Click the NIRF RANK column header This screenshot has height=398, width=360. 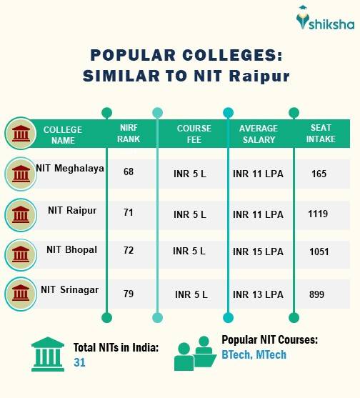(129, 134)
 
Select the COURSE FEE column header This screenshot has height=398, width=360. (194, 134)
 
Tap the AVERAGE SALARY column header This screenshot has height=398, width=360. (258, 134)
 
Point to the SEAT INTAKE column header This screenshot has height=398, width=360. (321, 134)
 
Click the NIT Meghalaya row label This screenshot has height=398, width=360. (70, 169)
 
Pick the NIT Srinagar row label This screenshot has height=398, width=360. (69, 289)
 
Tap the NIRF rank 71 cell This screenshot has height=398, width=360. (129, 213)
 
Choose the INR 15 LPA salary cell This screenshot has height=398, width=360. (258, 252)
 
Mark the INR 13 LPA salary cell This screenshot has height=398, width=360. (258, 294)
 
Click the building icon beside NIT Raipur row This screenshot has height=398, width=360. (21, 213)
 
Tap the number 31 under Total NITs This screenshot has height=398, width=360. (79, 362)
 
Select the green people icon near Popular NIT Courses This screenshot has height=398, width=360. (194, 354)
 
